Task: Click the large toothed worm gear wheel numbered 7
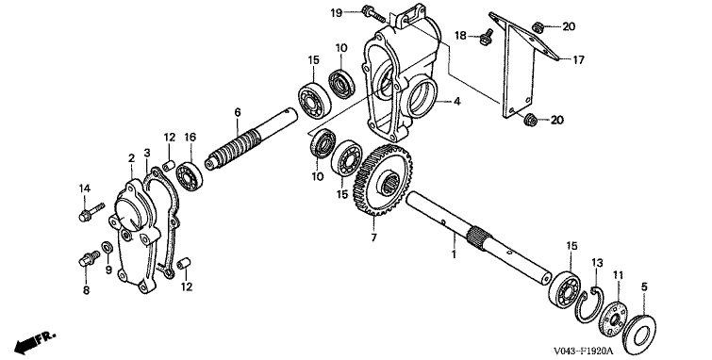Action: pos(384,181)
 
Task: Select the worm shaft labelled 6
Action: pos(251,139)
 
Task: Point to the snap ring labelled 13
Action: pos(589,306)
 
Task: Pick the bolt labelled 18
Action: pos(486,38)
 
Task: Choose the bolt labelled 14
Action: pos(91,212)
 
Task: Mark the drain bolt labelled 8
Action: pos(89,260)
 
